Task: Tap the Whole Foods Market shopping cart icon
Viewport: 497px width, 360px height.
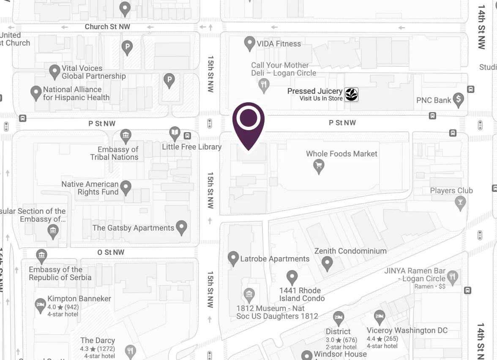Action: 319,166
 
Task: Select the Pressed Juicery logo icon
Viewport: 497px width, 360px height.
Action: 351,94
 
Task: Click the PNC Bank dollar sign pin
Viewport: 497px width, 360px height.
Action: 458,99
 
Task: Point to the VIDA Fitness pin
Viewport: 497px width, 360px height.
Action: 250,43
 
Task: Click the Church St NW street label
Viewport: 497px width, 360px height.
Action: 107,27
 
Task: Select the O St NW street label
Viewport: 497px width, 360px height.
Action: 111,252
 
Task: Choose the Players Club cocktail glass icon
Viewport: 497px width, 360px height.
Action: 460,203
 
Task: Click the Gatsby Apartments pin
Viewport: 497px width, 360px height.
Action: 182,227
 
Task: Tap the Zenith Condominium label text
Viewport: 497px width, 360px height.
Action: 350,251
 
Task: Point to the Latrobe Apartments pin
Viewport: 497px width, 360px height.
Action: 233,258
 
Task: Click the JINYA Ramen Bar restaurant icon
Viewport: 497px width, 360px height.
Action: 453,277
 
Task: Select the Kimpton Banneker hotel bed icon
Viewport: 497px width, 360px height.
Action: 40,305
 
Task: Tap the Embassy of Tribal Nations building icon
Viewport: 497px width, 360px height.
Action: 126,136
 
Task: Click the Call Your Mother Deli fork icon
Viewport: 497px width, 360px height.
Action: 264,85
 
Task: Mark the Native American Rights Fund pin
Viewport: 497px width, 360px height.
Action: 126,187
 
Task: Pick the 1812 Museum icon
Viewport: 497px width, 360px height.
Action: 249,294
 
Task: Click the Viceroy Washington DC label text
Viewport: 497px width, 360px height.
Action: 407,330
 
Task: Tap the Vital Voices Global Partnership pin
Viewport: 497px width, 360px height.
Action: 54,71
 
